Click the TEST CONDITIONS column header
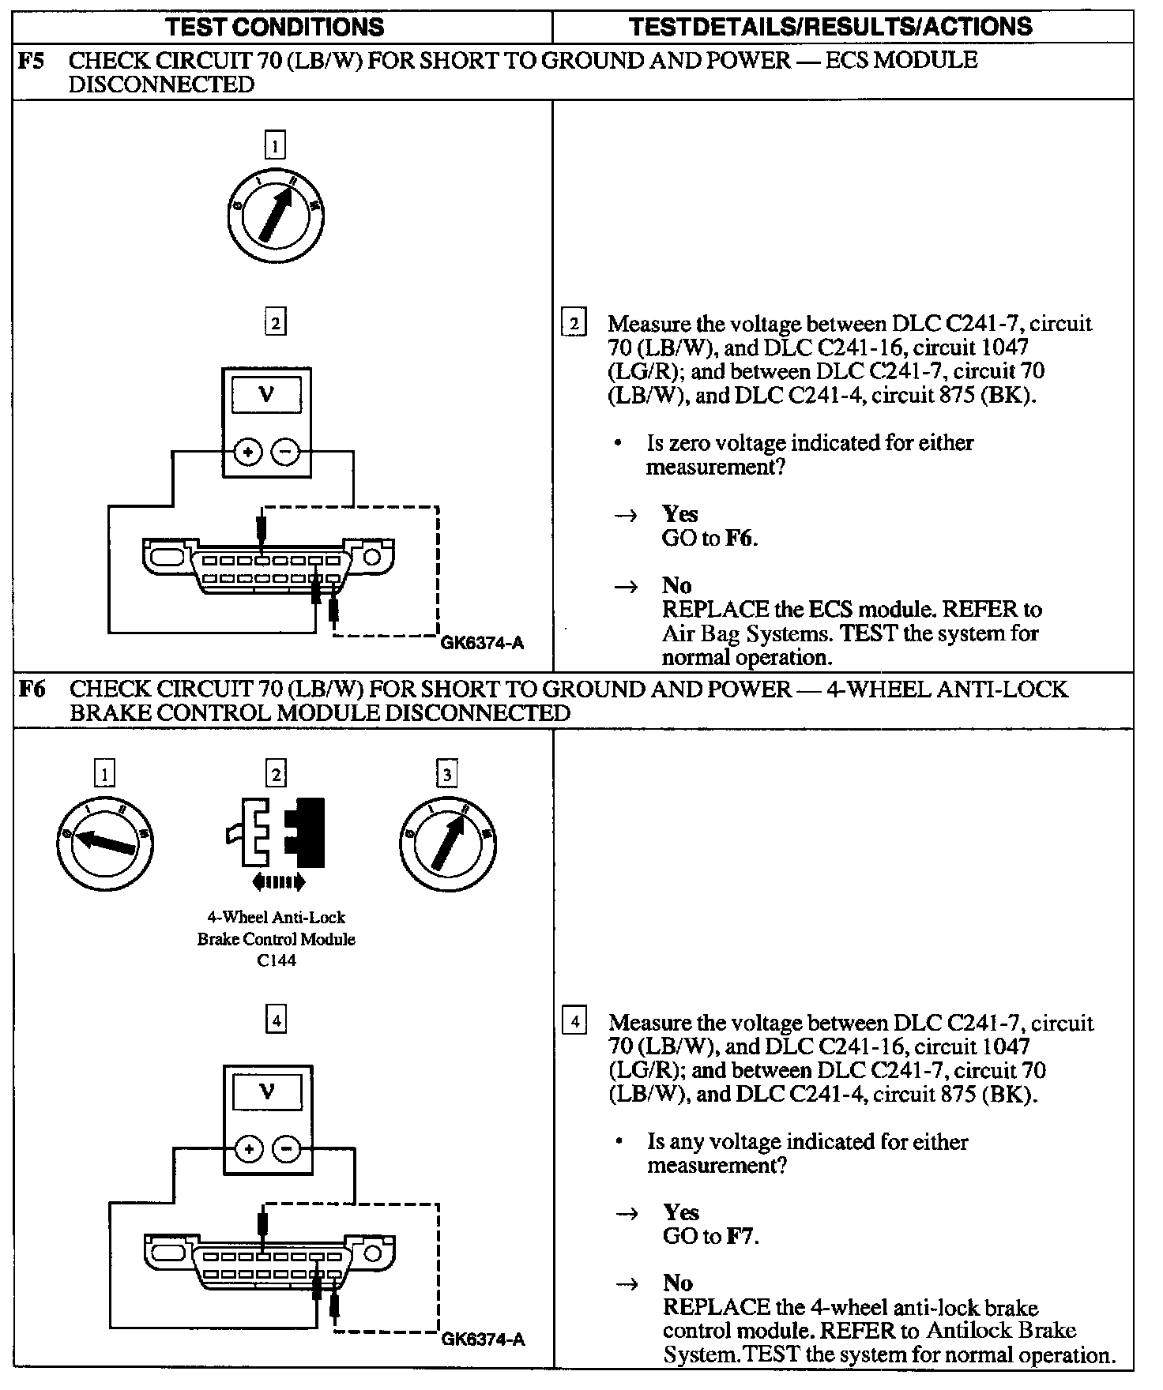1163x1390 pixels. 275,27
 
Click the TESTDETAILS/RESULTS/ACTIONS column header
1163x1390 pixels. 831,27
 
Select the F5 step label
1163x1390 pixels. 32,61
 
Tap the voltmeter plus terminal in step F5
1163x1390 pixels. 248,453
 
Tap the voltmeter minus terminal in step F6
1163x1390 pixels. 287,1149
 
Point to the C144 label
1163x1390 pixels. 277,960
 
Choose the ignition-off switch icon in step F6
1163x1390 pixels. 105,843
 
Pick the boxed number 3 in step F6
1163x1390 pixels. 447,775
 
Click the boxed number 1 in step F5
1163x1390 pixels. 275,145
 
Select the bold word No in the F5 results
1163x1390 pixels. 677,585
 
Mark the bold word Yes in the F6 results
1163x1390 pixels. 681,1212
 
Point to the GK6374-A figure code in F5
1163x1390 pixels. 482,642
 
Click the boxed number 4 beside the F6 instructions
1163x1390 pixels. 574,1022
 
